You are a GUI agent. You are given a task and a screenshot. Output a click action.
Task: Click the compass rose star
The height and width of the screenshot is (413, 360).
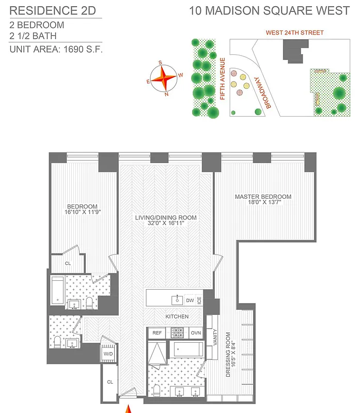(163, 79)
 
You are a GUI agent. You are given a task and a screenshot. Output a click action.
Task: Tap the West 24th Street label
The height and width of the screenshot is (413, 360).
(295, 33)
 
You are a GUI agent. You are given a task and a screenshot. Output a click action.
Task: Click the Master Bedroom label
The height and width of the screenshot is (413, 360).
(263, 197)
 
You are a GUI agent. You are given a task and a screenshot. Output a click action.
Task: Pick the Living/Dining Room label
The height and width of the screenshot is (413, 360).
(166, 218)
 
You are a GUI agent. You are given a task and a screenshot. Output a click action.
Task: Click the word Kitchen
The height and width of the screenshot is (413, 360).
(177, 316)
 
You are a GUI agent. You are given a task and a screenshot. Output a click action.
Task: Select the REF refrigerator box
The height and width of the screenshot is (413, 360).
(157, 333)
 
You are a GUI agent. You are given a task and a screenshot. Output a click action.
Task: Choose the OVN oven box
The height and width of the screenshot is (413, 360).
(196, 333)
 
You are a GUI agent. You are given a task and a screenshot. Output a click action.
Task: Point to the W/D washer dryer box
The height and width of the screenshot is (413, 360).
(108, 354)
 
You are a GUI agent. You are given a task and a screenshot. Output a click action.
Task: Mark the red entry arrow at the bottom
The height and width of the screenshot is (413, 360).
(128, 408)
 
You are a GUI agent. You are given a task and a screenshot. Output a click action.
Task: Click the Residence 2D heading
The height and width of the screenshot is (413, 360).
(53, 10)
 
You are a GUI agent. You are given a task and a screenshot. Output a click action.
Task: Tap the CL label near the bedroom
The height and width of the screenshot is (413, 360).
(68, 263)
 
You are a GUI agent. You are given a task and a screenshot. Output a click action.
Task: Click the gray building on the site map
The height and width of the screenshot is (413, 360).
(293, 53)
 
